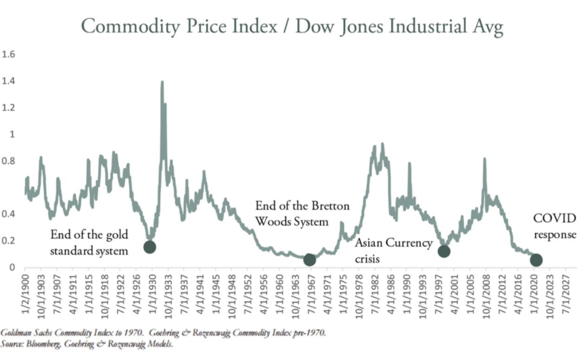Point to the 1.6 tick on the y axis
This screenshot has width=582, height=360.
(x=9, y=54)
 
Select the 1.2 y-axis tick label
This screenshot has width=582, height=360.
(x=9, y=108)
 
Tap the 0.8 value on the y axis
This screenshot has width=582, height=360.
(x=9, y=161)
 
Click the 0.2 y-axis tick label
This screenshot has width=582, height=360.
(x=9, y=241)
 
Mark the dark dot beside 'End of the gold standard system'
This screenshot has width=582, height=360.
(x=150, y=247)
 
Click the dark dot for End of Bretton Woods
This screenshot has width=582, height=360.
(x=309, y=259)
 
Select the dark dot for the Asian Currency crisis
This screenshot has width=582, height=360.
(x=444, y=251)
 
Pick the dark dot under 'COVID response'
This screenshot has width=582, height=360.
(x=536, y=259)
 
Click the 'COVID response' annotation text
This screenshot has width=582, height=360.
(x=555, y=226)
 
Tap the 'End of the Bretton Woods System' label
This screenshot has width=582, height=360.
(x=302, y=214)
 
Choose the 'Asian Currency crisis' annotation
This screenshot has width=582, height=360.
(x=393, y=251)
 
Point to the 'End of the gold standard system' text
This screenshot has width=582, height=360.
(x=89, y=242)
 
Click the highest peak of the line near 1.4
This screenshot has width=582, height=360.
(x=162, y=82)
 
